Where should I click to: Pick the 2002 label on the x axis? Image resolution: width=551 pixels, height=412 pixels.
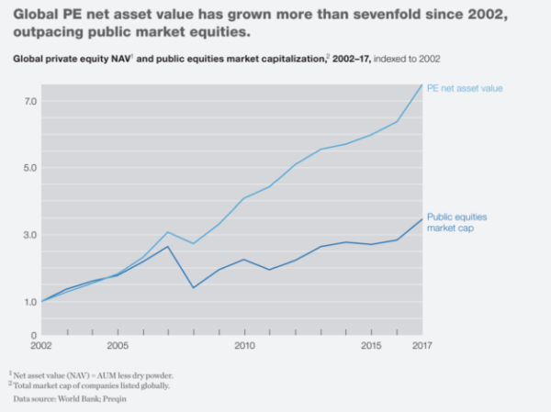(41, 346)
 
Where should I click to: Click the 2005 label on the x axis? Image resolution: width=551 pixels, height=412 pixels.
(117, 346)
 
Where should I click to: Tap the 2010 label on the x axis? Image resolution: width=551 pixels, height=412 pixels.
(244, 346)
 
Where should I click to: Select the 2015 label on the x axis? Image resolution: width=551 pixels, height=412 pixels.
(371, 346)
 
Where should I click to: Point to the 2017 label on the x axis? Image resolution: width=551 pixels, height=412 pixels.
(421, 346)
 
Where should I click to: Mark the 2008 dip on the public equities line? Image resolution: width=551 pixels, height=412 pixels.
(193, 287)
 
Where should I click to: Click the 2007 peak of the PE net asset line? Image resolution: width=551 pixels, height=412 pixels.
(168, 232)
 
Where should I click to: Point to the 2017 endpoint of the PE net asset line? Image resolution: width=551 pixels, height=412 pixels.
(422, 85)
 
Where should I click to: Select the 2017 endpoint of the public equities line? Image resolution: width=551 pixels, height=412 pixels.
(422, 218)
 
